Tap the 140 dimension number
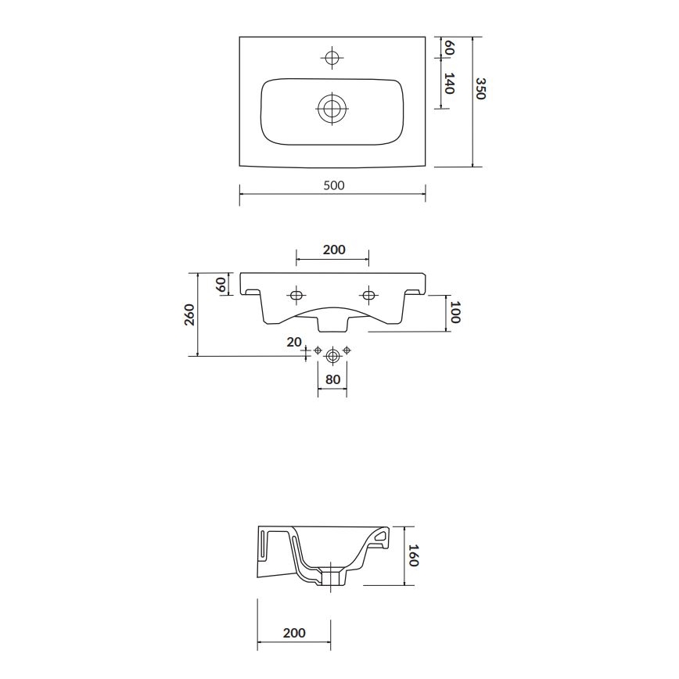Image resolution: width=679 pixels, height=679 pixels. (449, 83)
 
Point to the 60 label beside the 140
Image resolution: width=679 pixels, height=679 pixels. (449, 48)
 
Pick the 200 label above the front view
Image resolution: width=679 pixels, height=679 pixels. (334, 250)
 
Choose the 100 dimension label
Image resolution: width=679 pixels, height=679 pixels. (455, 314)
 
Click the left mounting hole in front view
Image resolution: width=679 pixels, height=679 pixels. (296, 295)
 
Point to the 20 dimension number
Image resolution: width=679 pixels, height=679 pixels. (293, 341)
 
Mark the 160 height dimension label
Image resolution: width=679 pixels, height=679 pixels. (414, 555)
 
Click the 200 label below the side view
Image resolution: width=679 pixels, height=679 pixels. (293, 633)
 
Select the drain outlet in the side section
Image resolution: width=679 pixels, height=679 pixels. (332, 580)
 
